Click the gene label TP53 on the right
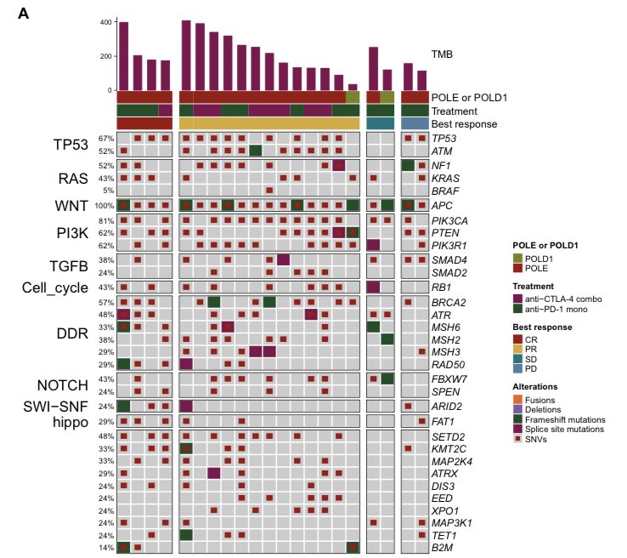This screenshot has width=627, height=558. point(443,139)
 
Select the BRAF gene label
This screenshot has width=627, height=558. point(445,191)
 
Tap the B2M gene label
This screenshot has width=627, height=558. point(443,548)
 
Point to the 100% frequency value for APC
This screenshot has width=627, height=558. point(104,206)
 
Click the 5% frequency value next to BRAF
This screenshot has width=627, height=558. point(108,191)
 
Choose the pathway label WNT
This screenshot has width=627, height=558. point(71,206)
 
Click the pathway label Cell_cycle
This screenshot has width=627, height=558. point(54,288)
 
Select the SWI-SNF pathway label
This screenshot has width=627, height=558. point(55,407)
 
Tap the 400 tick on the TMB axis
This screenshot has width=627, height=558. point(106,22)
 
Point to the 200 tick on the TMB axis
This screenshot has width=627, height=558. point(106,56)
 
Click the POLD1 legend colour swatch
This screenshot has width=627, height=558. point(518,259)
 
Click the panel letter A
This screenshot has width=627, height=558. point(24,14)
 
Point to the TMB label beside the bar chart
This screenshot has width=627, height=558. point(442,54)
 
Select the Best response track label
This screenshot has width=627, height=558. point(464,124)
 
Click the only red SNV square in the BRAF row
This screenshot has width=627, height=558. point(269,191)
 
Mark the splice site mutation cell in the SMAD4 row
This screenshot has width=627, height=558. point(283,259)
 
